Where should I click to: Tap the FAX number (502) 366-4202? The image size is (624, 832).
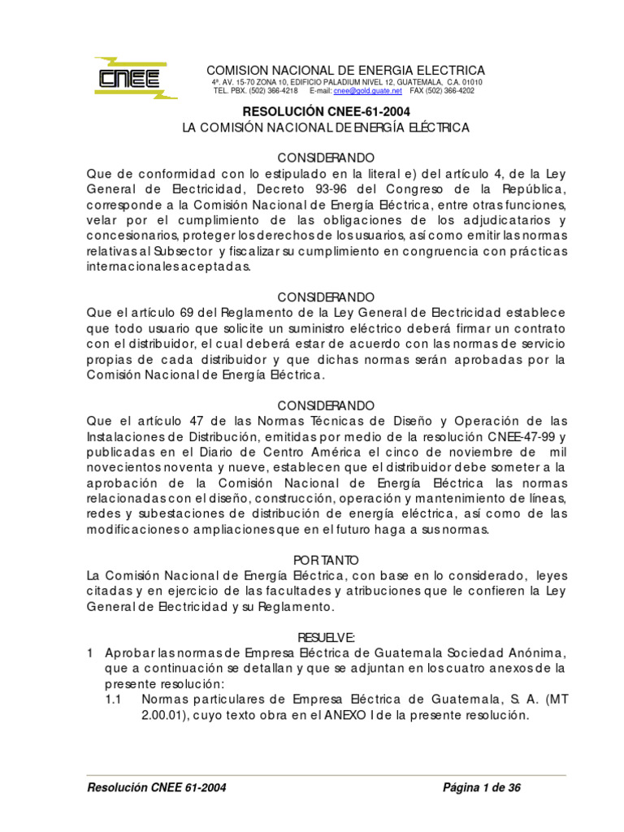[x=443, y=91]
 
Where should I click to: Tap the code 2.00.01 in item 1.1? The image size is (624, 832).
[x=166, y=716]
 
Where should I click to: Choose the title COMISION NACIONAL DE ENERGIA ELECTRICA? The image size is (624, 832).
[x=345, y=70]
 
